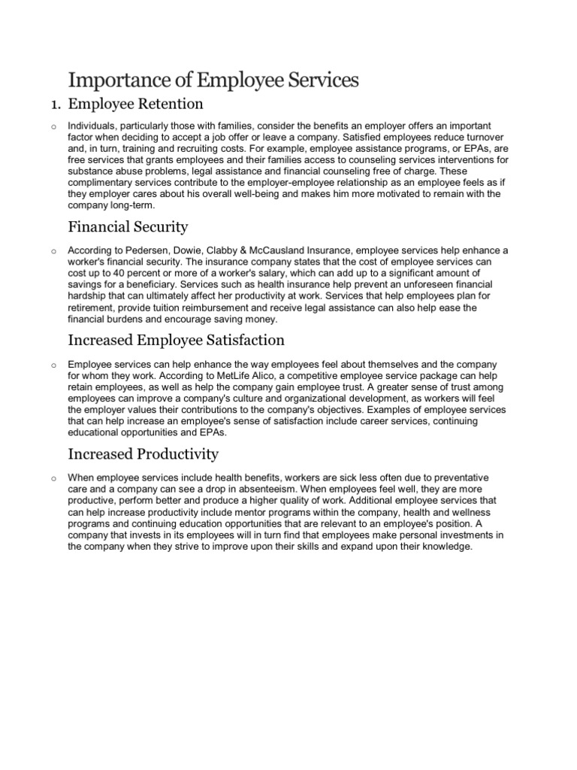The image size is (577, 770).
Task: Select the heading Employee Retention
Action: (136, 103)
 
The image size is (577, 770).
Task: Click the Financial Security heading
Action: (128, 226)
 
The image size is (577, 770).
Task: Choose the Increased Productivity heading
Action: (143, 453)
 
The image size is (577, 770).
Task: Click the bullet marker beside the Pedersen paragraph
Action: (55, 251)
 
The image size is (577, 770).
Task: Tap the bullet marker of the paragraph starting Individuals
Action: (55, 126)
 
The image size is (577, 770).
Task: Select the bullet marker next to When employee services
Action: (55, 478)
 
